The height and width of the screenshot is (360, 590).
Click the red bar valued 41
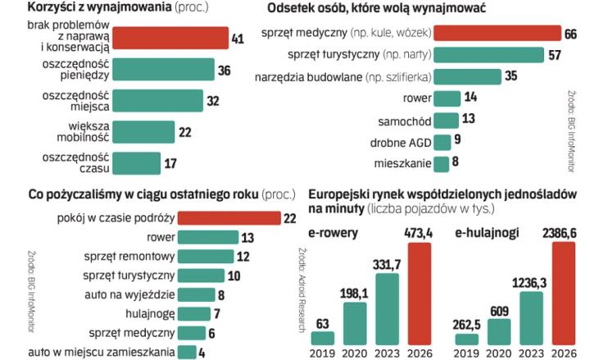coord(170,39)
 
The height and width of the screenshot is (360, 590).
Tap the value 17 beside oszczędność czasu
coord(170,162)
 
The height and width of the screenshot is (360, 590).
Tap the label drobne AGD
coord(400,142)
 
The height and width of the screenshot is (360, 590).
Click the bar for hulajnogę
coord(193,312)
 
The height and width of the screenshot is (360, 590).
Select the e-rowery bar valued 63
coord(323,337)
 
